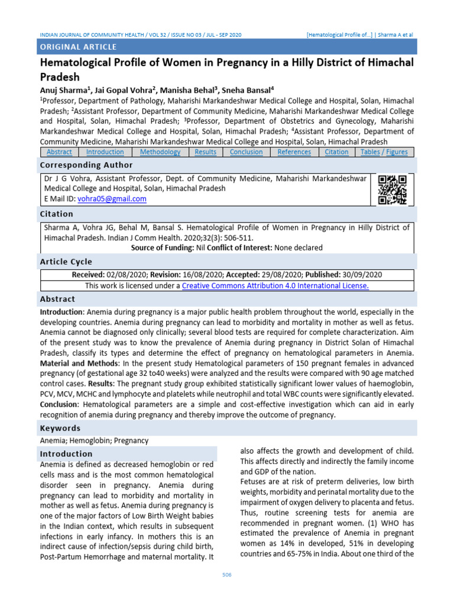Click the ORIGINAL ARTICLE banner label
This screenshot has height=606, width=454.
78,47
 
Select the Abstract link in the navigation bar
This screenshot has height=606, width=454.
59,152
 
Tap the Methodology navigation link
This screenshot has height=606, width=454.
160,152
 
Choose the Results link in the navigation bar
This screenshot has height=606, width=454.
205,152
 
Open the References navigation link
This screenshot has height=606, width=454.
294,152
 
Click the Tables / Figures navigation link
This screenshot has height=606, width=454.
384,152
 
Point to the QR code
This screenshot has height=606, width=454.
392,189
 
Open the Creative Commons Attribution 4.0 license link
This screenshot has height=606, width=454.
275,286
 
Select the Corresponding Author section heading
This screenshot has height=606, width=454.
86,165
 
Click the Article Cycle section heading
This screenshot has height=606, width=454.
66,262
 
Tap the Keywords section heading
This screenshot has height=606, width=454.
60,428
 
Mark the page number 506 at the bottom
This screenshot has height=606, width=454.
227,575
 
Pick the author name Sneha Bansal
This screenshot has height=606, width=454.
247,90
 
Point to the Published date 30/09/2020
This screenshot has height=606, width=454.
361,275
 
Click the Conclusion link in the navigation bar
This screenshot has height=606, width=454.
246,152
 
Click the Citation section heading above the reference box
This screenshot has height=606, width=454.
57,214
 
